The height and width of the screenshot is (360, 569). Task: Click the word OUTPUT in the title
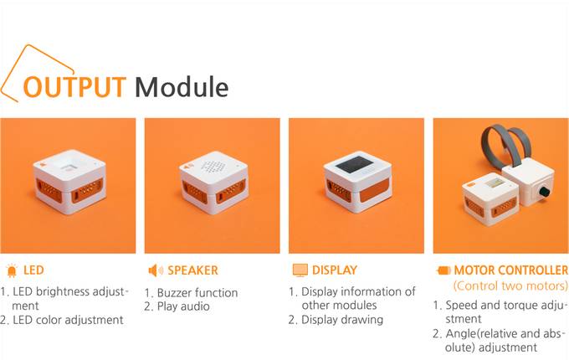pyautogui.click(x=74, y=87)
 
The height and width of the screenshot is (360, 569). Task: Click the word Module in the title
pyautogui.click(x=182, y=87)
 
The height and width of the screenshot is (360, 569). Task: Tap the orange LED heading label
pyautogui.click(x=33, y=270)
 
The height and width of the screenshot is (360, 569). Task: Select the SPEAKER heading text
pyautogui.click(x=192, y=270)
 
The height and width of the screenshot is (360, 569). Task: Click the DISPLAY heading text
pyautogui.click(x=335, y=270)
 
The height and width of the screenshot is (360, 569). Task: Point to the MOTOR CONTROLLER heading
pyautogui.click(x=511, y=270)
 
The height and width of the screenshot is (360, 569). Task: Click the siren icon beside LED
pyautogui.click(x=12, y=270)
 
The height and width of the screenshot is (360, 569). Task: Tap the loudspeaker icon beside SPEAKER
pyautogui.click(x=156, y=270)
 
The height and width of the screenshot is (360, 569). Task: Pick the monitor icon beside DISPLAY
pyautogui.click(x=300, y=270)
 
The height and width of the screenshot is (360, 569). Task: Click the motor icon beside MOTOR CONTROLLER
pyautogui.click(x=443, y=270)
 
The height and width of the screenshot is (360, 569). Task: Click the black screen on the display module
pyautogui.click(x=353, y=165)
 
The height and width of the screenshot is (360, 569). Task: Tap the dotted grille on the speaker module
pyautogui.click(x=213, y=167)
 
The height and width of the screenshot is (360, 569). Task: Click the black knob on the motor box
pyautogui.click(x=544, y=191)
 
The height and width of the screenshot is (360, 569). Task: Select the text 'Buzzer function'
pyautogui.click(x=197, y=293)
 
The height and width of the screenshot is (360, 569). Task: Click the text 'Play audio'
pyautogui.click(x=183, y=306)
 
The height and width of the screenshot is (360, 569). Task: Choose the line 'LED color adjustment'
pyautogui.click(x=68, y=320)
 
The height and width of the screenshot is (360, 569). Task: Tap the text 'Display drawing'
pyautogui.click(x=342, y=320)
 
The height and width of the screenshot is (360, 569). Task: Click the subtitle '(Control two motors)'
pyautogui.click(x=510, y=286)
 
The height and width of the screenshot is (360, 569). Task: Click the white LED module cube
pyautogui.click(x=69, y=182)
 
